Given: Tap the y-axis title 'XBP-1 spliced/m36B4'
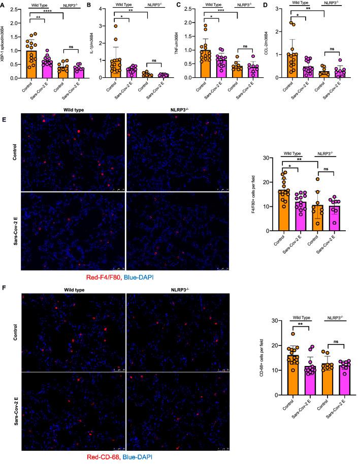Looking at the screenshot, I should click(5, 43).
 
